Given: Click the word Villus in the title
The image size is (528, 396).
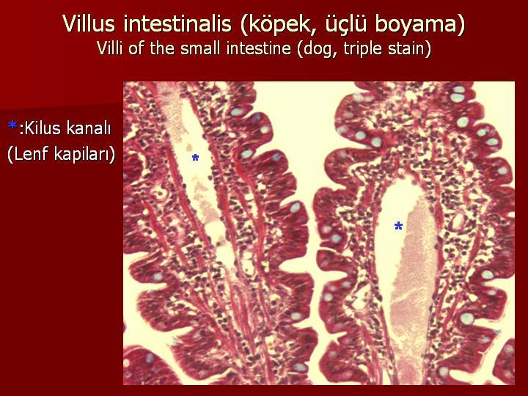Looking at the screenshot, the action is click(89, 23).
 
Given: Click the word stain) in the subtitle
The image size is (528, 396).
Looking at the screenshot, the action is click(410, 49).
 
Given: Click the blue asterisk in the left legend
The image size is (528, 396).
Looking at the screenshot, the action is click(12, 126).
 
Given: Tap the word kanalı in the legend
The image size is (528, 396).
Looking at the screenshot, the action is click(89, 128).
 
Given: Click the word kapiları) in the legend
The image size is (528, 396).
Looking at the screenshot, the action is click(84, 155).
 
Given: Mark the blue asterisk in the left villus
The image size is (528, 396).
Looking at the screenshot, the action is click(195, 158).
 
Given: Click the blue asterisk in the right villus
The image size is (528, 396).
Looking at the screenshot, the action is click(398, 226).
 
